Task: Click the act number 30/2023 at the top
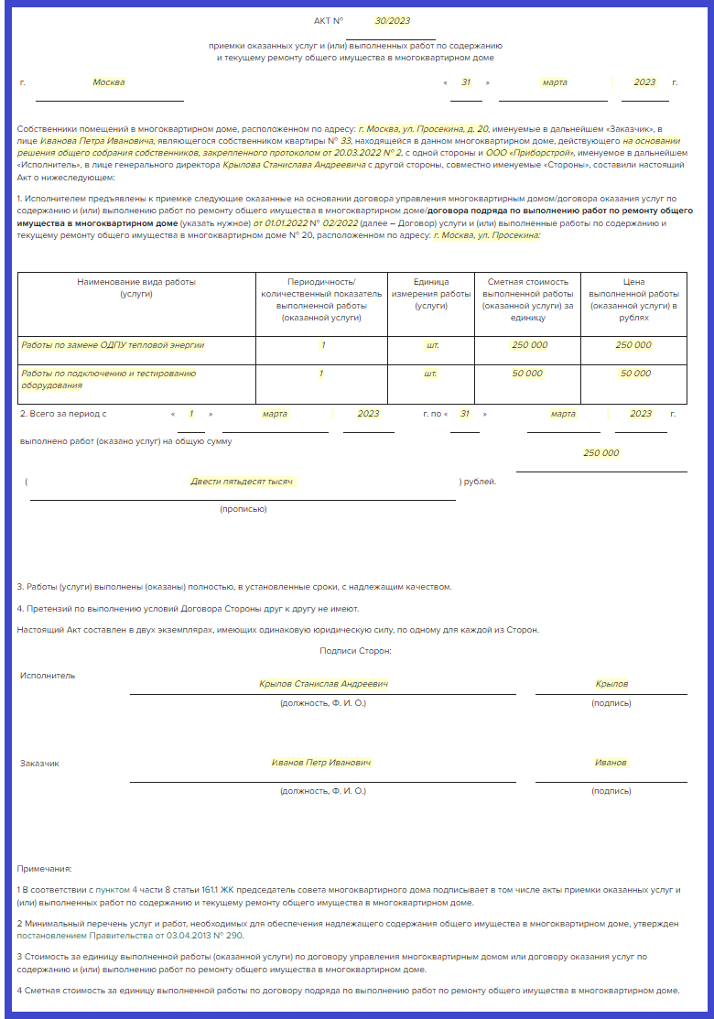393,20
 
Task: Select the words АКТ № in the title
329,20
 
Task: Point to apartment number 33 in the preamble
345,141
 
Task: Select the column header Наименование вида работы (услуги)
136,287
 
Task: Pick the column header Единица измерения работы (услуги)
431,293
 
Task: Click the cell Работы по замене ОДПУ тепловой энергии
113,345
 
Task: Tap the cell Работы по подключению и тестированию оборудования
109,379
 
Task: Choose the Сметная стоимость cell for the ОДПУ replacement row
529,345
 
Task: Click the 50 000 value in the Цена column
634,374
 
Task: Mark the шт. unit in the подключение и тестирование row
431,374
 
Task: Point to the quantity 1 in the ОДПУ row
322,345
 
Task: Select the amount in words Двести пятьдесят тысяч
243,482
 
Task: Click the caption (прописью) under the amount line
243,508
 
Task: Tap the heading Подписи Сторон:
356,650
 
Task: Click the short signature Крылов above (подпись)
611,684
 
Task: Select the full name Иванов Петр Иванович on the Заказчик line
321,763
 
